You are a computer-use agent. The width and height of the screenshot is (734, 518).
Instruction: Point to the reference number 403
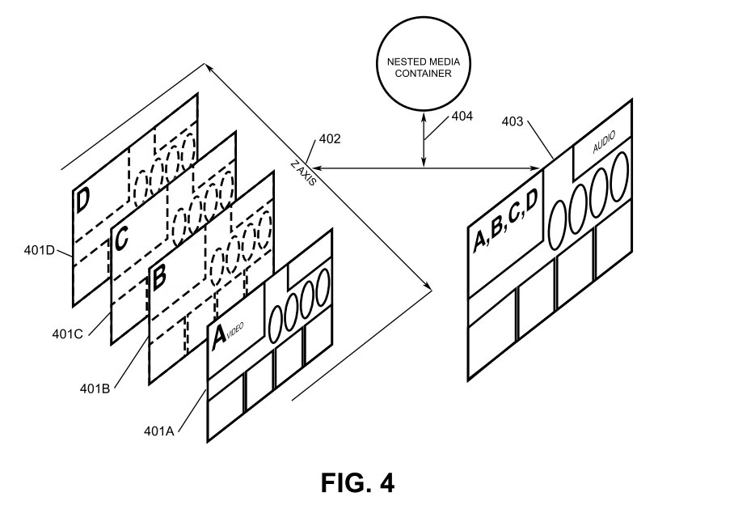click(513, 122)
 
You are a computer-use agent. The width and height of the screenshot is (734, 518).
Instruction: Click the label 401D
click(40, 250)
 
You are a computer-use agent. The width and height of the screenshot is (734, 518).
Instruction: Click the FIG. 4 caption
click(357, 483)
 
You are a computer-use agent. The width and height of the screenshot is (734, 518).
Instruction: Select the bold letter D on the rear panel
click(83, 200)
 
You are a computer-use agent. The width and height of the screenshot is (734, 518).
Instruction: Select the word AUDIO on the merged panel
click(602, 146)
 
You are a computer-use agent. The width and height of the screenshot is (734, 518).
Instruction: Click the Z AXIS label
click(304, 174)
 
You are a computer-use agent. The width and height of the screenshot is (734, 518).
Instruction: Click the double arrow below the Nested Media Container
click(422, 140)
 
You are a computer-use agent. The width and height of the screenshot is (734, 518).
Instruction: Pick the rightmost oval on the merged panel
click(619, 176)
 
